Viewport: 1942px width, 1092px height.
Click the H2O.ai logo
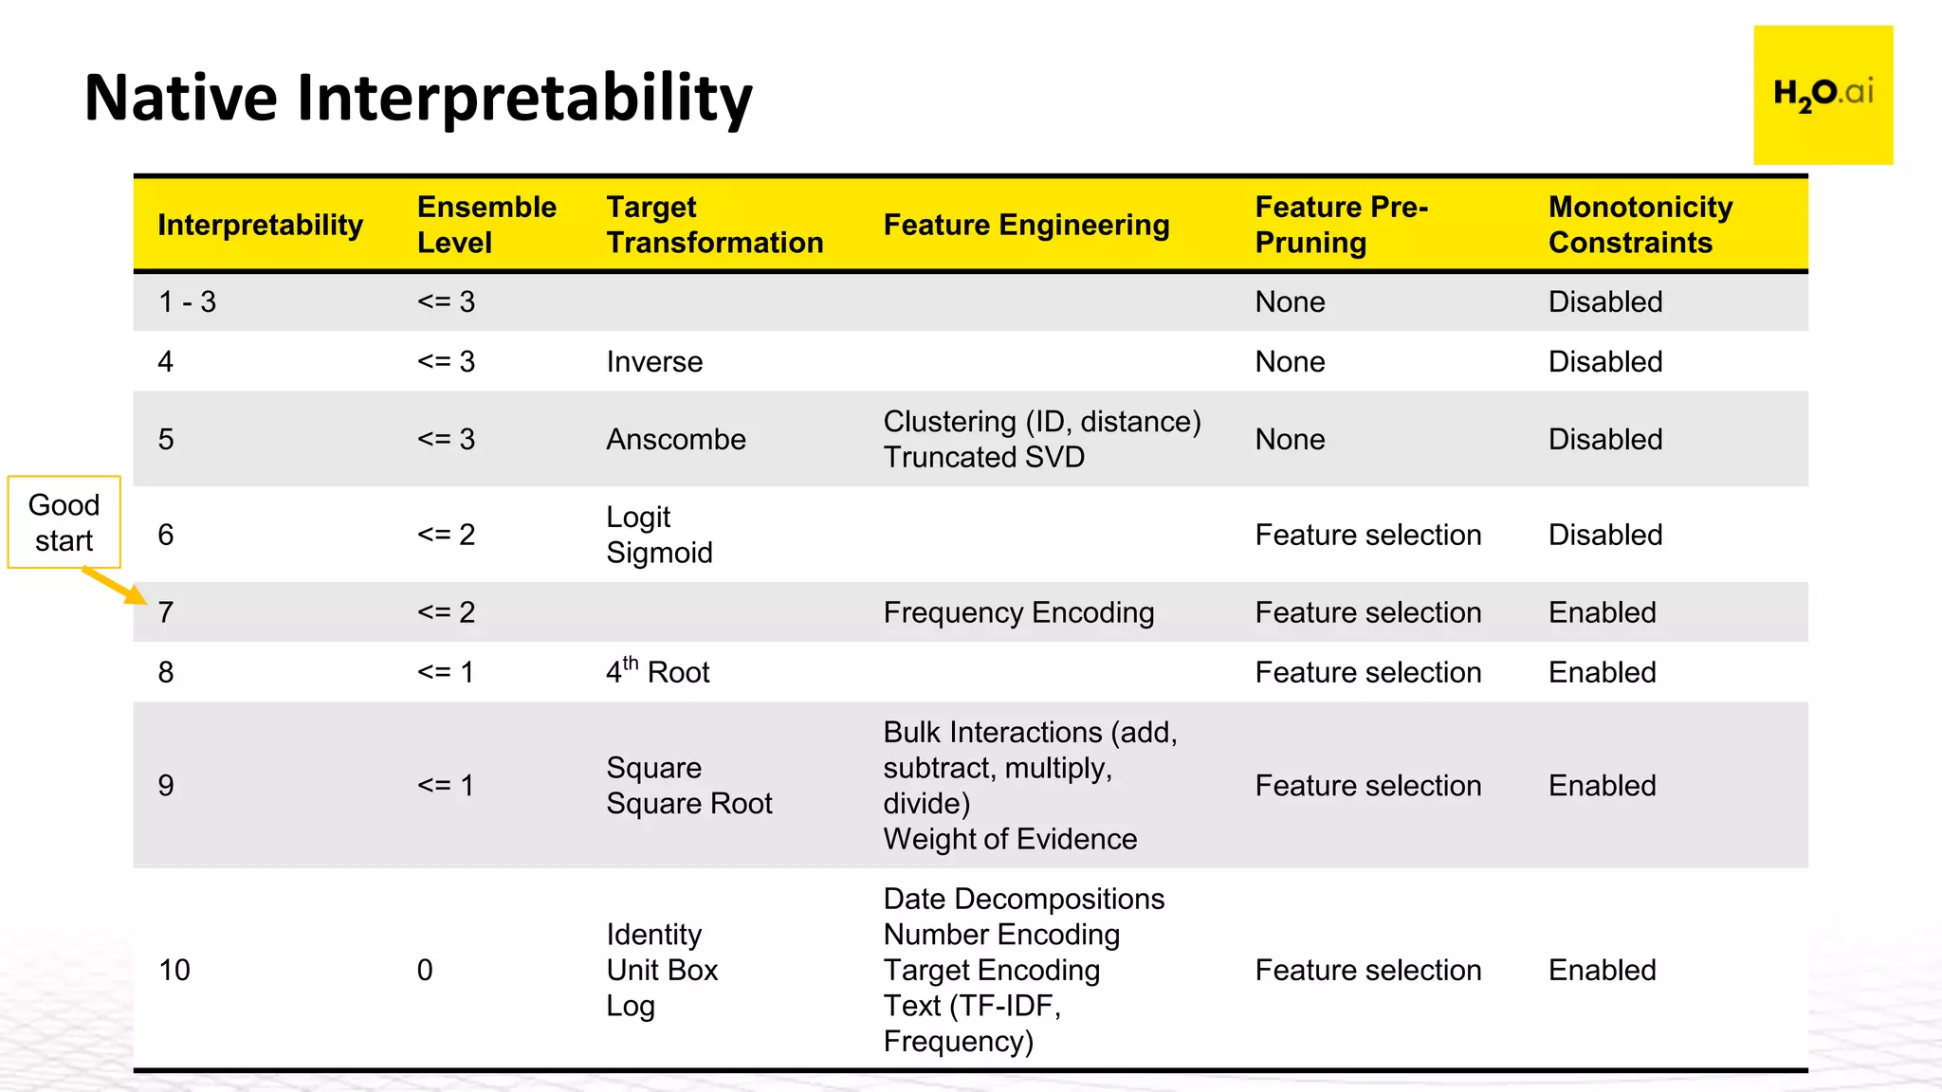(1823, 95)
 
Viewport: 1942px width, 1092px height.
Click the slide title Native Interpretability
(418, 98)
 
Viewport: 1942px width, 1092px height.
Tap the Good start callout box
(64, 522)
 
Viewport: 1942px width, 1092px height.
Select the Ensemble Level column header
(486, 225)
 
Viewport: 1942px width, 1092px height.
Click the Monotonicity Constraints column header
(1640, 225)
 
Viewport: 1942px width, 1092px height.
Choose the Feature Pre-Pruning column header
(1341, 225)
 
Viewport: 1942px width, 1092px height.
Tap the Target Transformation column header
(714, 225)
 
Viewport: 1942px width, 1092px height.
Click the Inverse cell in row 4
(654, 361)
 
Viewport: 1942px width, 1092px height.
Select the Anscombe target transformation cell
(676, 439)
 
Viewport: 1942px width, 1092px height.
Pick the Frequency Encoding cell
(1018, 612)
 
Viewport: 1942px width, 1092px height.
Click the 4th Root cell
(657, 671)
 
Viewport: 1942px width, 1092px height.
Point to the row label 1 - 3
(187, 301)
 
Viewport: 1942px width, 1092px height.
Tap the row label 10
(174, 970)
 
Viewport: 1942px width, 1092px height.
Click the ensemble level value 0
(425, 970)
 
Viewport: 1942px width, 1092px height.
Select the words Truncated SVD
(983, 457)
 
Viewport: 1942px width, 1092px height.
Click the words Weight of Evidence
(1010, 839)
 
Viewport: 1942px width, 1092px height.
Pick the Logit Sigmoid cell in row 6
(659, 535)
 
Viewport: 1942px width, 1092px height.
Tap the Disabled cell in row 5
(1604, 439)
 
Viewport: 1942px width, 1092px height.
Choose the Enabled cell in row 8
(1602, 672)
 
